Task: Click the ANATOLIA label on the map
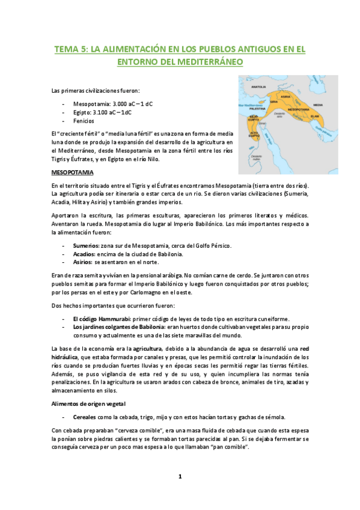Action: [x=258, y=87]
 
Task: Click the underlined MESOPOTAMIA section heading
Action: [x=72, y=172]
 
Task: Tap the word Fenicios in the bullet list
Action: [x=84, y=121]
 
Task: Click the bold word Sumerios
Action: [x=86, y=246]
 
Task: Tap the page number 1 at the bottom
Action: [x=180, y=477]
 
